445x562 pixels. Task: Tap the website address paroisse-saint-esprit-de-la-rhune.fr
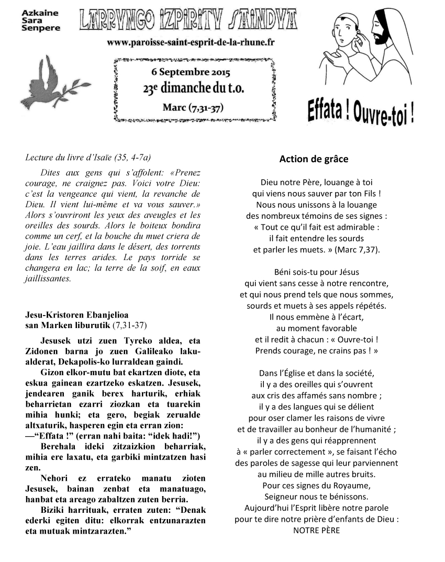point(191,42)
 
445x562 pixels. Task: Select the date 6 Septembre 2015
point(191,73)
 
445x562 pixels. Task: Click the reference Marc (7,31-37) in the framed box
point(194,108)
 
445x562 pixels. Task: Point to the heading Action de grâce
point(314,159)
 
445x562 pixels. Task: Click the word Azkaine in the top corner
point(40,12)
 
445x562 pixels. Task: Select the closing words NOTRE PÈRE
point(316,531)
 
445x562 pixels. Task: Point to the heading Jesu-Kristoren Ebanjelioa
point(76,315)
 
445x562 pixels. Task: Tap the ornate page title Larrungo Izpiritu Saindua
point(188,20)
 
